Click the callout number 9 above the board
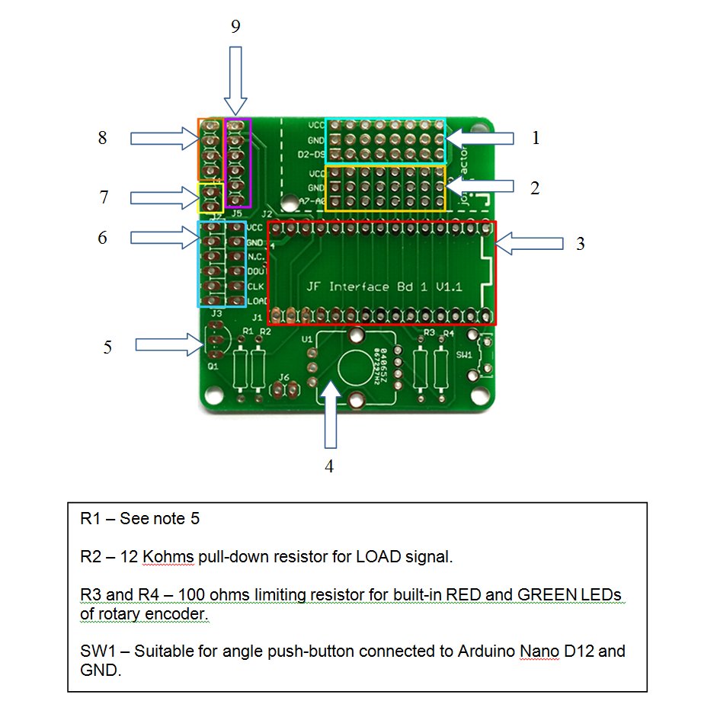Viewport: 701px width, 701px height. click(235, 27)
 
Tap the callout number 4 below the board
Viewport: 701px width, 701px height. click(329, 466)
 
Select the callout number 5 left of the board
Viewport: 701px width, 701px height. click(107, 347)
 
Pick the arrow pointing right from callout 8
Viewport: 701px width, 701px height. click(163, 138)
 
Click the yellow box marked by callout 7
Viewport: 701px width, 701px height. click(210, 197)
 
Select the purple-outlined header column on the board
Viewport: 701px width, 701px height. click(236, 162)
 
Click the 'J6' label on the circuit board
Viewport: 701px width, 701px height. click(284, 377)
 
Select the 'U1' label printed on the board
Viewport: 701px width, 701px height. click(307, 338)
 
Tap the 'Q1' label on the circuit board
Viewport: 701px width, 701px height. click(213, 366)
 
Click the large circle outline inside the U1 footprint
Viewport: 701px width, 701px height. click(355, 370)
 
